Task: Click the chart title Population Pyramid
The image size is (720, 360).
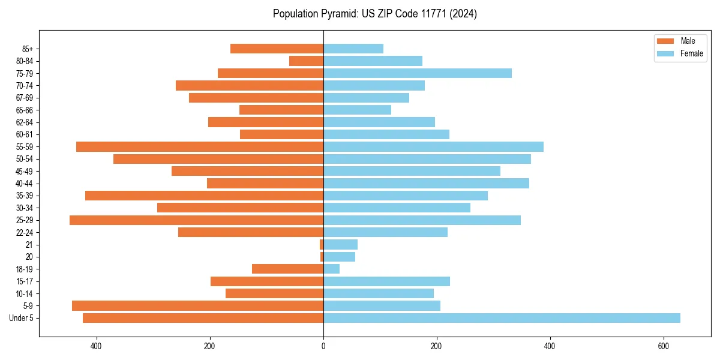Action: coord(374,14)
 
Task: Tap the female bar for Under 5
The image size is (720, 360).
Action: coord(502,318)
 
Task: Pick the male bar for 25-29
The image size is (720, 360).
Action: coord(196,220)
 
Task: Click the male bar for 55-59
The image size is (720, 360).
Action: coord(200,147)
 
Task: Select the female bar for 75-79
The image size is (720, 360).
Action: coord(418,73)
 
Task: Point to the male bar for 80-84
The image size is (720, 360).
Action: coord(306,61)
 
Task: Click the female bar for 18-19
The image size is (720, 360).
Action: coord(331,269)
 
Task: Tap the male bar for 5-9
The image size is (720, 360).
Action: coord(197,306)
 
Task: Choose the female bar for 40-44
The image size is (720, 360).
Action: coord(426,184)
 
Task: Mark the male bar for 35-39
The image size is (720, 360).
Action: coord(204,196)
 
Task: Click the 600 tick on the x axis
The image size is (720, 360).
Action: coord(663,346)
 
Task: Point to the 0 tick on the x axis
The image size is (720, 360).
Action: coord(323,346)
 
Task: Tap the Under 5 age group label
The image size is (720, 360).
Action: coord(21,318)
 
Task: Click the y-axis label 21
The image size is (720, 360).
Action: coord(29,245)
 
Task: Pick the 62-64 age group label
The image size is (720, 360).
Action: coord(24,122)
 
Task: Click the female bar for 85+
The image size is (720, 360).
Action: coord(353,49)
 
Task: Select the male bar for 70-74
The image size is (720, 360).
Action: coord(250,86)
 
